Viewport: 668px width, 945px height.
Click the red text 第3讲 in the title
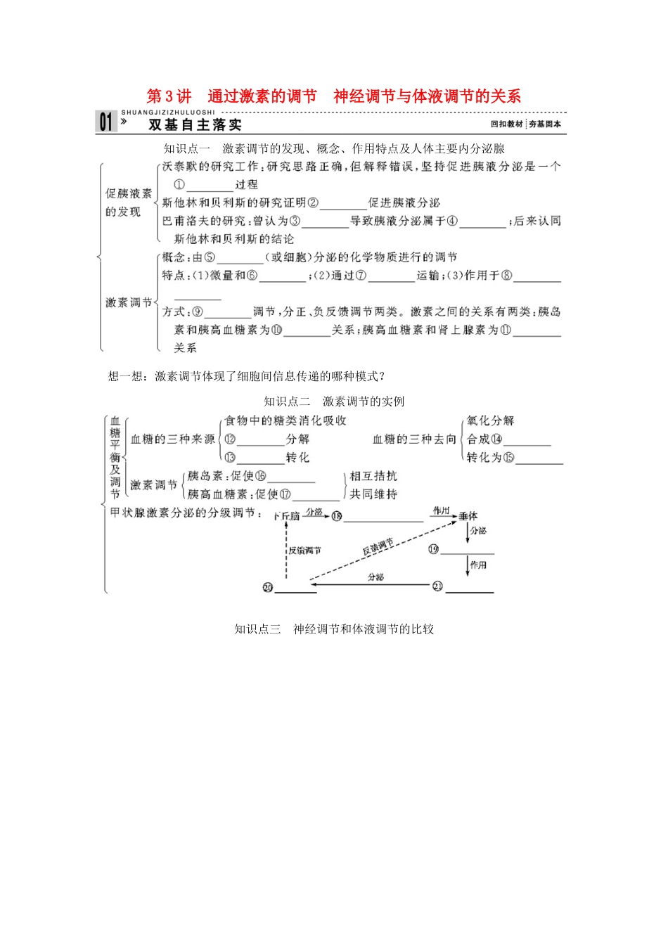[x=169, y=96]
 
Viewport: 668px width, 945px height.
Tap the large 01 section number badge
[x=106, y=122]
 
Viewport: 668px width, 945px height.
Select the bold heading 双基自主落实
[x=195, y=125]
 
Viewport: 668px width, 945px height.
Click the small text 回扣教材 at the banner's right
[x=507, y=124]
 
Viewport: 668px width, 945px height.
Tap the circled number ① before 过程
[x=179, y=185]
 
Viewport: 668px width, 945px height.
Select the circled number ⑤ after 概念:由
[x=210, y=257]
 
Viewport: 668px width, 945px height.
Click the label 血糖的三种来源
[x=173, y=439]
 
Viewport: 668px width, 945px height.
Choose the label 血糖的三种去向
[x=414, y=439]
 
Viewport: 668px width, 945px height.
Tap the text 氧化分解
[x=491, y=420]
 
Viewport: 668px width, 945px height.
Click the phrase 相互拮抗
[x=373, y=476]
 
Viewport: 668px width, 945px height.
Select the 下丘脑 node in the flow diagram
[x=286, y=516]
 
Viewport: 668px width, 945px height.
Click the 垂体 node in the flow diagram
[x=468, y=516]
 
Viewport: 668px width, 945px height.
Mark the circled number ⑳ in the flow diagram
[x=267, y=587]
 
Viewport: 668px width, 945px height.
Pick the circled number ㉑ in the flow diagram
[x=437, y=586]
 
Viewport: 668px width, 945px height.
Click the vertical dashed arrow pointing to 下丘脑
[x=286, y=552]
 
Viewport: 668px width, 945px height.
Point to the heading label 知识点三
[x=257, y=629]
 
